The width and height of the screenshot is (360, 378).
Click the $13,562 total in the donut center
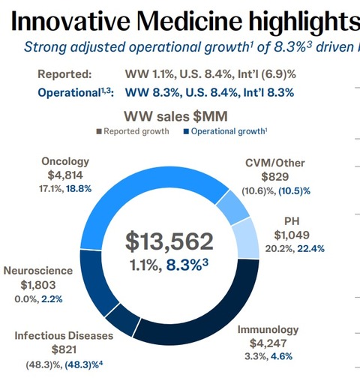point(169,241)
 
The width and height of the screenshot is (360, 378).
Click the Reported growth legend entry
point(129,133)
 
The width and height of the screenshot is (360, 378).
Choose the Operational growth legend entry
point(226,133)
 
